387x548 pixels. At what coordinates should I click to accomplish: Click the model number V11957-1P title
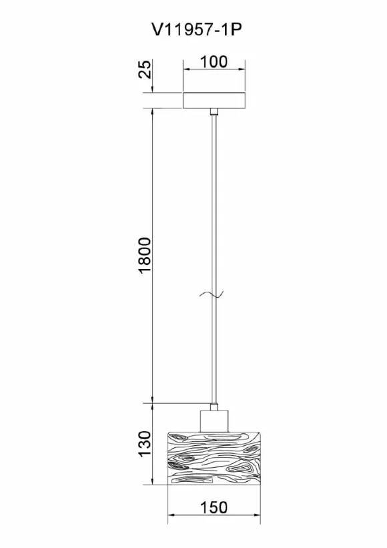click(x=197, y=31)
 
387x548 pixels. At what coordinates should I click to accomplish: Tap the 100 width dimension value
click(x=214, y=62)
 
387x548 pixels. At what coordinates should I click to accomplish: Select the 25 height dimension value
click(x=145, y=69)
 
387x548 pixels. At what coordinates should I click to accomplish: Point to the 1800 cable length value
click(x=145, y=256)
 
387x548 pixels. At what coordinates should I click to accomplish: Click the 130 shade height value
click(x=145, y=443)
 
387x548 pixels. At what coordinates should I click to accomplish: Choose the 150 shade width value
click(x=214, y=507)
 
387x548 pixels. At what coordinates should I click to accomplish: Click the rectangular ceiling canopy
click(x=214, y=100)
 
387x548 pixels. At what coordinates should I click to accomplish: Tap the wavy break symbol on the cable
click(x=212, y=295)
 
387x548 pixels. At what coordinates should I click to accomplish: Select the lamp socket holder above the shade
click(x=214, y=421)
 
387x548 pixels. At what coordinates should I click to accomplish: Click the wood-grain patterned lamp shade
click(x=214, y=459)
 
